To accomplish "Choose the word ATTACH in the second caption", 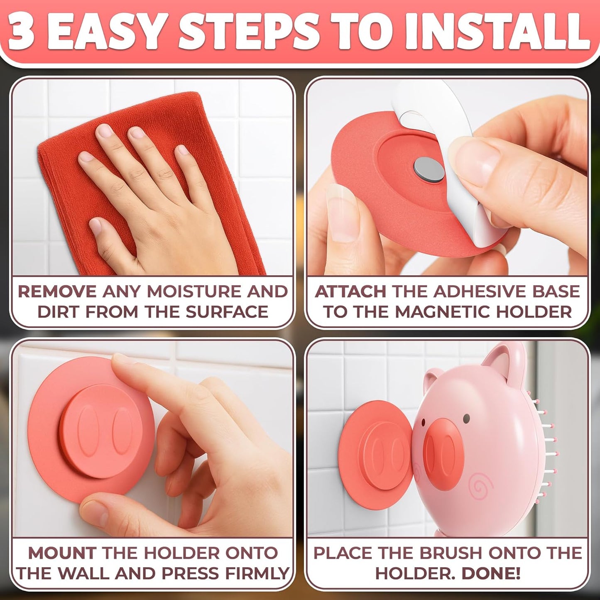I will pos(350,291).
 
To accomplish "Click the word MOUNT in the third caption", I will pos(62,553).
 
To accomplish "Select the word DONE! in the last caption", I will pos(491,573).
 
